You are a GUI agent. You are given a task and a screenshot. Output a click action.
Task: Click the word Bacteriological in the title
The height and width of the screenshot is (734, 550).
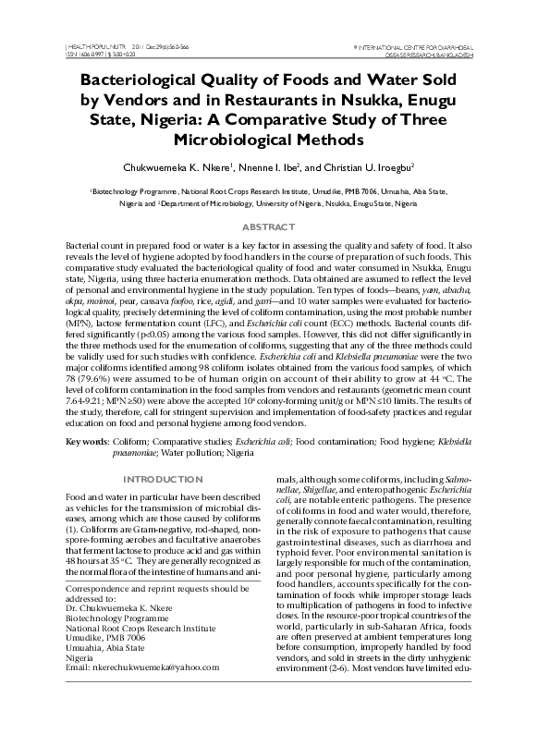143,79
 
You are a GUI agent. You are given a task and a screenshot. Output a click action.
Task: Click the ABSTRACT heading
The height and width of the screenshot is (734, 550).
275,226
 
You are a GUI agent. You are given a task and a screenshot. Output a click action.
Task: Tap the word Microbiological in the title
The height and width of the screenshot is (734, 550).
275,140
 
